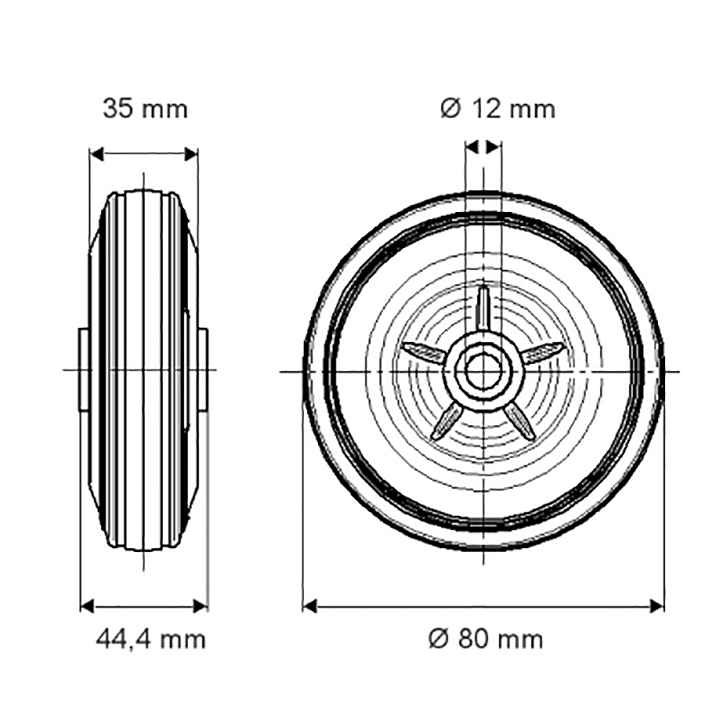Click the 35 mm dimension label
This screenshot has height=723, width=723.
pos(145,109)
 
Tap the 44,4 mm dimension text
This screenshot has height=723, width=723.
pos(151,639)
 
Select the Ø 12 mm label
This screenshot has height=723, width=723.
pos(497,109)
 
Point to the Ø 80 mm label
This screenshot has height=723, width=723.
pos(485,639)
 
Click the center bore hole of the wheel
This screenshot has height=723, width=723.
pos(483,371)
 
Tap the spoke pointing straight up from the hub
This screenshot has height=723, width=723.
pos(483,308)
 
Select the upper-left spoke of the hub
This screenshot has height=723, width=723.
pos(424,353)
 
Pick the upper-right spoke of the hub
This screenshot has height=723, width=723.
pos(542,353)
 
